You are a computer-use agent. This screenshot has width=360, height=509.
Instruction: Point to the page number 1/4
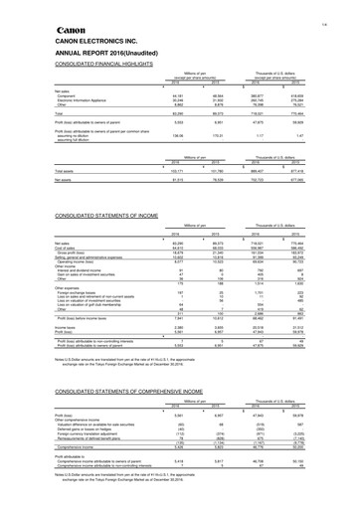pyautogui.click(x=348, y=6)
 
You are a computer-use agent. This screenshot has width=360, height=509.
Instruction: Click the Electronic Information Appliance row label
pyautogui.click(x=58, y=100)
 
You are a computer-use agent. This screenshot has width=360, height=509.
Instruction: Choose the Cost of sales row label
pyautogui.click(x=42, y=245)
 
